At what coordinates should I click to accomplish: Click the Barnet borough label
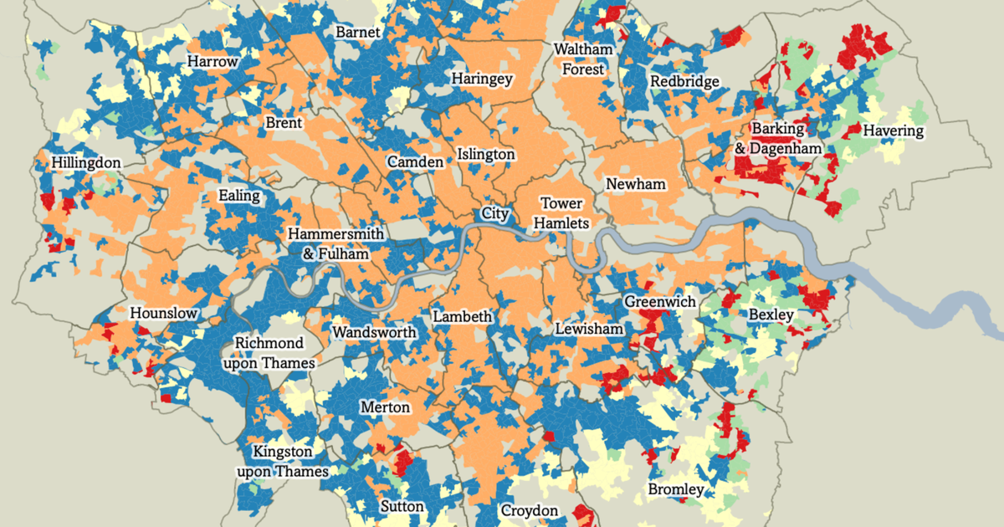pos(357,33)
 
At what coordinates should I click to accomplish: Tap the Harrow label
pos(213,62)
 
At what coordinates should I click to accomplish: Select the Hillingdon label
pos(85,162)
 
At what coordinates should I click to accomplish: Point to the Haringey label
pos(482,79)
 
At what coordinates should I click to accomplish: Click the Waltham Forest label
pos(583,59)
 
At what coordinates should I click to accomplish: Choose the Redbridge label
pos(684,82)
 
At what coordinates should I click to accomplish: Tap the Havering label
pos(893,131)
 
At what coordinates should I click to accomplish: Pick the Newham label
pos(635,184)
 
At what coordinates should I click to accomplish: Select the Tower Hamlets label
pos(561,213)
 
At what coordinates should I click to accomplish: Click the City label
pos(495,214)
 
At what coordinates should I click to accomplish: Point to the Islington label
pos(486,155)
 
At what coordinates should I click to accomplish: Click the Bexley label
pos(771,315)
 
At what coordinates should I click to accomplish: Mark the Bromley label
pos(675,489)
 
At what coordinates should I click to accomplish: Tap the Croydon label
pos(529,510)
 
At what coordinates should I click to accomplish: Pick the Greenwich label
pos(660,301)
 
